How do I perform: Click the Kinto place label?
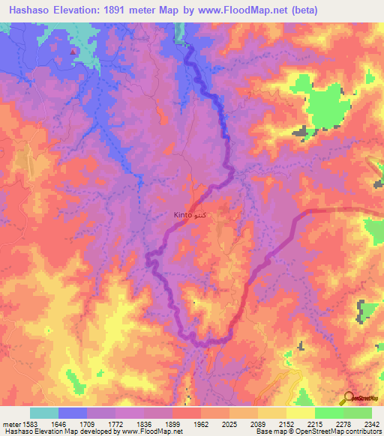coord(188,215)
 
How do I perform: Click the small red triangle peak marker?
coord(73,52)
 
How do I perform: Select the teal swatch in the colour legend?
coord(43,413)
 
